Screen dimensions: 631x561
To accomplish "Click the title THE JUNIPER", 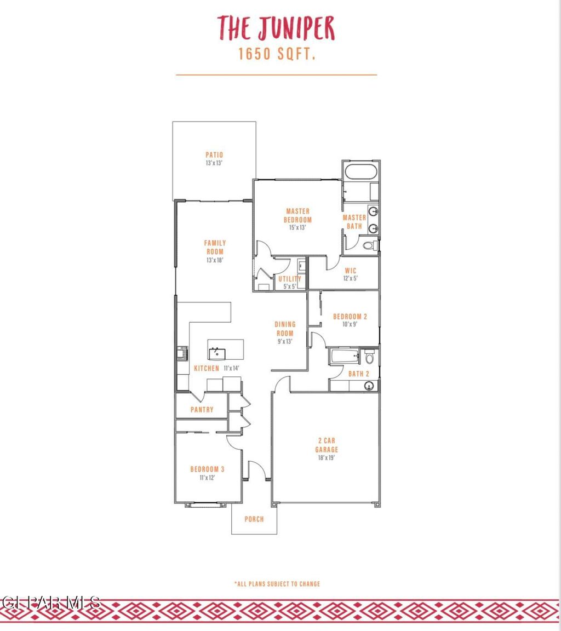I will click(x=276, y=28).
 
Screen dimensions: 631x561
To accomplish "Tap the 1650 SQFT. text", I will click(x=276, y=55).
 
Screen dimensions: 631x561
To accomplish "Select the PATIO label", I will click(x=214, y=155).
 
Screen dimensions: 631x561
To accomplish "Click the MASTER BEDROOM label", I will click(x=297, y=215).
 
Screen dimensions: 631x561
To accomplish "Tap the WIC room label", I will click(x=351, y=271).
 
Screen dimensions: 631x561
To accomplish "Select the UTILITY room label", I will click(x=289, y=279).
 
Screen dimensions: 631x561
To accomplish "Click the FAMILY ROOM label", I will click(x=215, y=247).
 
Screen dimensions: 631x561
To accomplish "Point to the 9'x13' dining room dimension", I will click(x=285, y=342).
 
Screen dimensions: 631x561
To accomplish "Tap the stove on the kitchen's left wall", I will click(x=182, y=353).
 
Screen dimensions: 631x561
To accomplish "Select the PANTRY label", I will click(x=202, y=410).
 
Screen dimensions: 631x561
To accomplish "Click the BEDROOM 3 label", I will click(x=207, y=469).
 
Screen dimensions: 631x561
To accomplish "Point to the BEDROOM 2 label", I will click(x=350, y=316).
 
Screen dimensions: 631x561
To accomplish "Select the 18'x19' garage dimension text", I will click(x=327, y=458).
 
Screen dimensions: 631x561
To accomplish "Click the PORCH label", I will click(x=254, y=519).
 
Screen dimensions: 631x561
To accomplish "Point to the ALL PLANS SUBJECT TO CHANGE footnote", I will click(x=277, y=584).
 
